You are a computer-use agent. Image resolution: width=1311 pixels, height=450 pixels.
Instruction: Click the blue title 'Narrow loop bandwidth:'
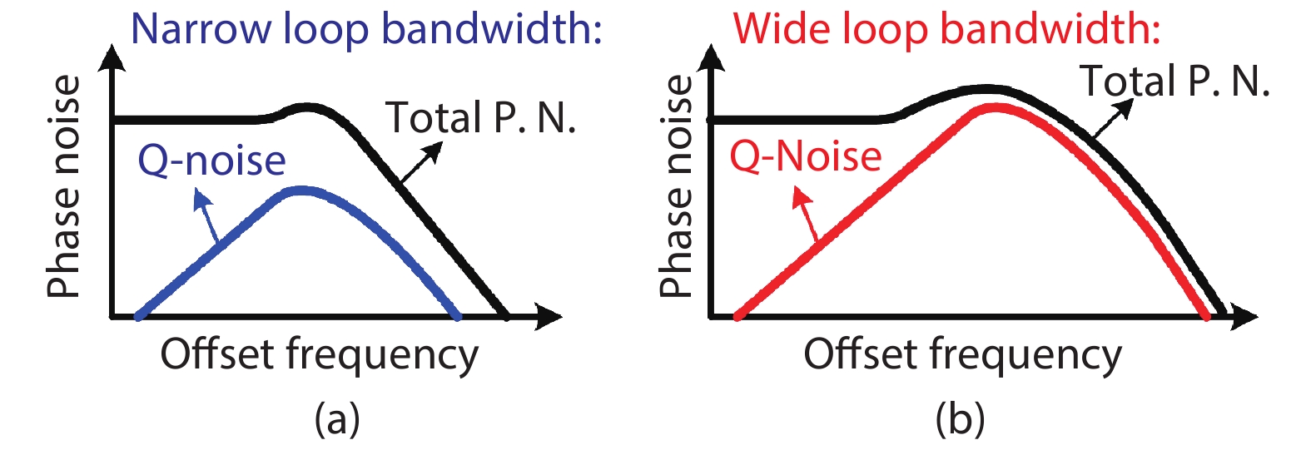(x=366, y=29)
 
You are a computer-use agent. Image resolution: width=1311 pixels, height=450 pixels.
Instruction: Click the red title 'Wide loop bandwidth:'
(x=946, y=29)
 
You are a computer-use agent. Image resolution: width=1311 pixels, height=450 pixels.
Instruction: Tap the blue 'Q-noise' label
(x=211, y=160)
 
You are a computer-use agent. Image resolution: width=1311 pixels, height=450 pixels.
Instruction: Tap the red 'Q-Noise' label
(x=805, y=156)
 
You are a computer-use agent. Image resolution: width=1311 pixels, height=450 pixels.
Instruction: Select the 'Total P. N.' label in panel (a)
(x=481, y=118)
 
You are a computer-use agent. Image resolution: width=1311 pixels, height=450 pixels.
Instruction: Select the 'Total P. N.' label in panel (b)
(x=1174, y=82)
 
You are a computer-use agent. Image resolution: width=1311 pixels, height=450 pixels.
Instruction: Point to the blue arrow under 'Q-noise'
(x=206, y=215)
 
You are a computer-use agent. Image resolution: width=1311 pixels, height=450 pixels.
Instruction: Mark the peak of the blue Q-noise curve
(x=301, y=191)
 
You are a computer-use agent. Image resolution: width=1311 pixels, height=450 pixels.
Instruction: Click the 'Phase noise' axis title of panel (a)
(x=64, y=186)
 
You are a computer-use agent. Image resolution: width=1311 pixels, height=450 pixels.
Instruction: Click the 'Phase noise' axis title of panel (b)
(x=675, y=186)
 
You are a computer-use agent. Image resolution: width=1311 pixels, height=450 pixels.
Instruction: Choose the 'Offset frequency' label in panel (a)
(x=320, y=354)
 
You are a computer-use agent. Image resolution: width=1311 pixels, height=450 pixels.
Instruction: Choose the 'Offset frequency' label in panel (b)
(x=962, y=354)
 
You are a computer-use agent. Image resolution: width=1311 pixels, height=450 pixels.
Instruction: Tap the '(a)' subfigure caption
(x=337, y=418)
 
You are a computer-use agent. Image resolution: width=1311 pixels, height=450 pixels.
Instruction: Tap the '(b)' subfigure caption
(x=960, y=418)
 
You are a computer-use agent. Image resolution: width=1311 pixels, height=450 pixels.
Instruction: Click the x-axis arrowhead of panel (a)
(x=549, y=316)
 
